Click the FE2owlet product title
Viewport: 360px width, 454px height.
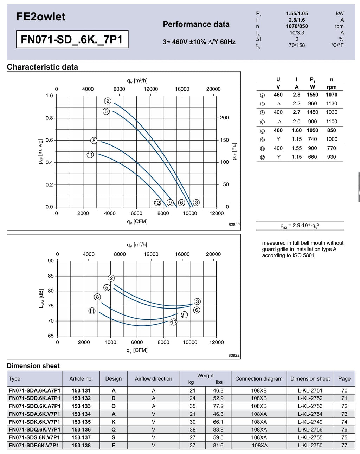[41, 17]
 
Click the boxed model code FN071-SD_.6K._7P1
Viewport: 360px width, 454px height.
[72, 39]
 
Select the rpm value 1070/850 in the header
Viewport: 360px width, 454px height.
[297, 26]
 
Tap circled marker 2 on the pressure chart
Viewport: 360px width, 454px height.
[108, 101]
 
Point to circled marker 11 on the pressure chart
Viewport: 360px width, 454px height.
[90, 155]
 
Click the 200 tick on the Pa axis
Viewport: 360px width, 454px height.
[224, 118]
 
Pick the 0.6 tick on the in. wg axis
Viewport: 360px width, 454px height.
[49, 140]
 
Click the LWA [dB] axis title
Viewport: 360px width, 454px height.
[41, 298]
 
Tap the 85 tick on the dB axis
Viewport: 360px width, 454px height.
[51, 276]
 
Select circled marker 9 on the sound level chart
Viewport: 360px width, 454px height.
[184, 315]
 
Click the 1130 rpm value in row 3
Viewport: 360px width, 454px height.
[332, 103]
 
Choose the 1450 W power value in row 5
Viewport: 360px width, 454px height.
[313, 112]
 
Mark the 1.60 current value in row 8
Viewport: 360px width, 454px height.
[297, 130]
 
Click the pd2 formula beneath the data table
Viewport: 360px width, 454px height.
[300, 226]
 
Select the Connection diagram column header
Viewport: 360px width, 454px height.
[259, 379]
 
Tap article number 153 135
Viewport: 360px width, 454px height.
[81, 422]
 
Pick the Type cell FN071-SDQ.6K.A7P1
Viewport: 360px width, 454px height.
[34, 406]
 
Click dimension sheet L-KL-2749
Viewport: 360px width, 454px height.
[310, 422]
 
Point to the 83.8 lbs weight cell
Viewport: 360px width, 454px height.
[218, 430]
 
